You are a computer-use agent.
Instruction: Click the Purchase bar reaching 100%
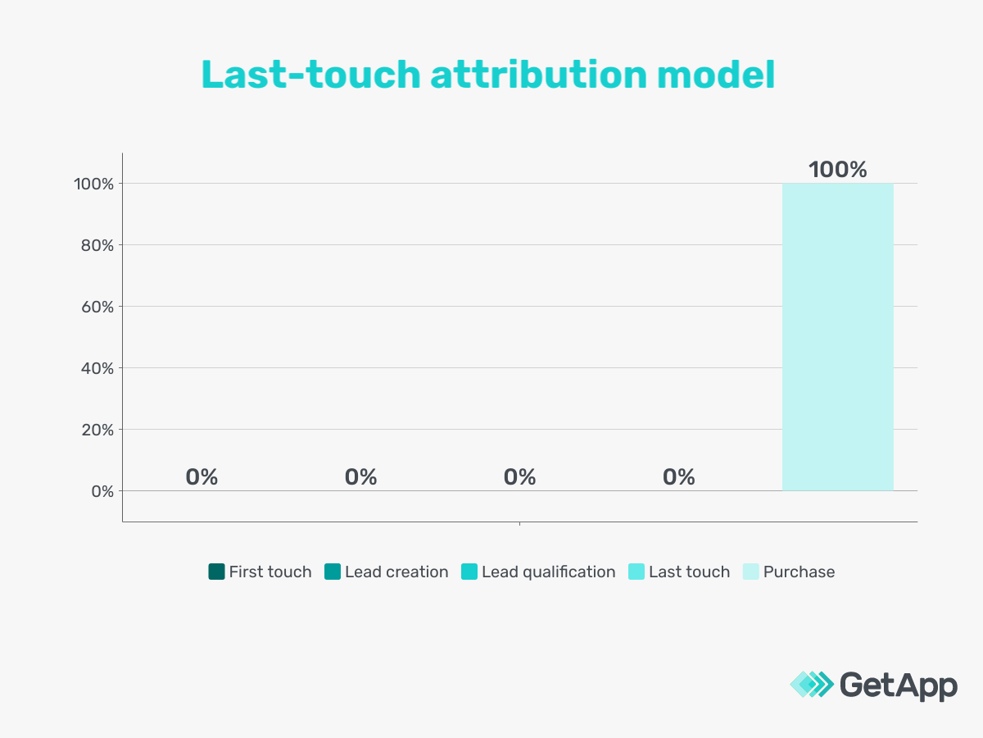(837, 336)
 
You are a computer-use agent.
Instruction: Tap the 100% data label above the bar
(837, 170)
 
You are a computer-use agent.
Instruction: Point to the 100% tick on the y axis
(91, 184)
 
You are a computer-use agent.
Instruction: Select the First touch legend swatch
(216, 572)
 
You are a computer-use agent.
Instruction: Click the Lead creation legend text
(396, 572)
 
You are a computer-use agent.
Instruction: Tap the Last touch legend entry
(689, 572)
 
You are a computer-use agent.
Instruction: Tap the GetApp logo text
(899, 685)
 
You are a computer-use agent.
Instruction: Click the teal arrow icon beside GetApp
(811, 685)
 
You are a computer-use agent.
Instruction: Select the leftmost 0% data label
(202, 477)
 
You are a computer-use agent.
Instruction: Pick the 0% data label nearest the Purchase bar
(679, 477)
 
